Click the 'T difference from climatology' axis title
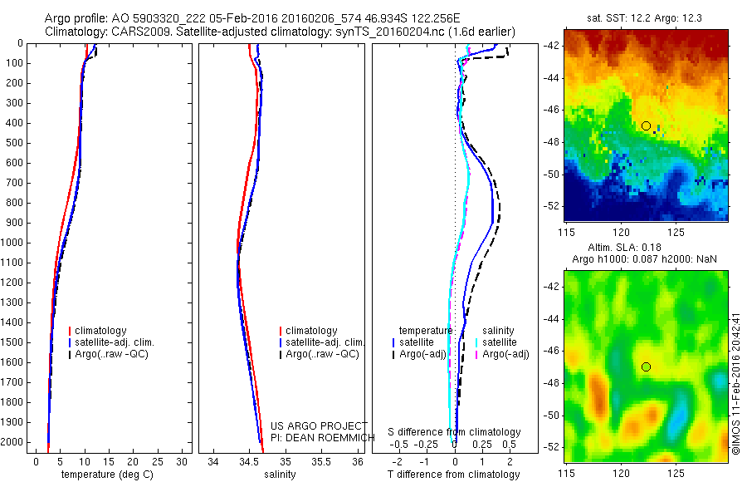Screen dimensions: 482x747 coord(454,475)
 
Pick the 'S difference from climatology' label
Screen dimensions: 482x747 coord(455,432)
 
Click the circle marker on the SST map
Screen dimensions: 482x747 coord(646,125)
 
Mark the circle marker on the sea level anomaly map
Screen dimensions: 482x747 coord(646,366)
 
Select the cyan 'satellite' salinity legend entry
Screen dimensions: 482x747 coord(499,342)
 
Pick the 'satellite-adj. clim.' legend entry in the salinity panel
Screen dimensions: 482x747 coord(325,342)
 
